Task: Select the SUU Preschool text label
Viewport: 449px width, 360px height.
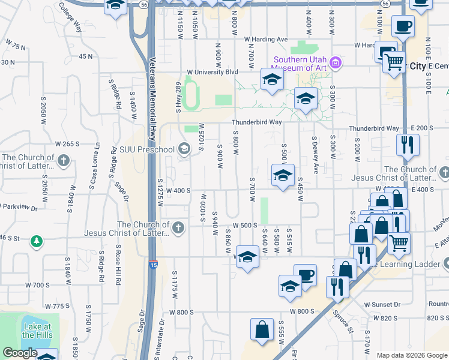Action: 146,149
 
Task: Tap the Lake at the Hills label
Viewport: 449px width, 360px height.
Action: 37,331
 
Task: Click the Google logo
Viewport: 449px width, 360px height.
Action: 19,353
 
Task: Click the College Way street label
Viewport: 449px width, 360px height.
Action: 70,16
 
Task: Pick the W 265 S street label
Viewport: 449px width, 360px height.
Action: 67,144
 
